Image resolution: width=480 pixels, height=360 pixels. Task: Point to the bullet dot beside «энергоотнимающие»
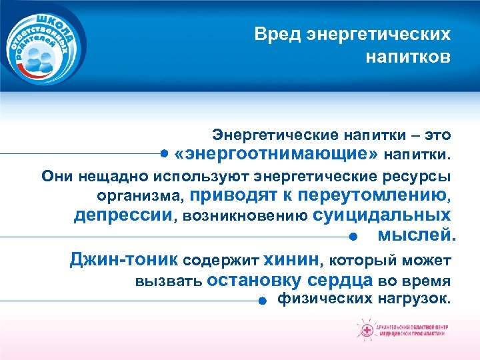[164, 154]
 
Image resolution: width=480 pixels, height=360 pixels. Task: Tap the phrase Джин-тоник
[124, 259]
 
